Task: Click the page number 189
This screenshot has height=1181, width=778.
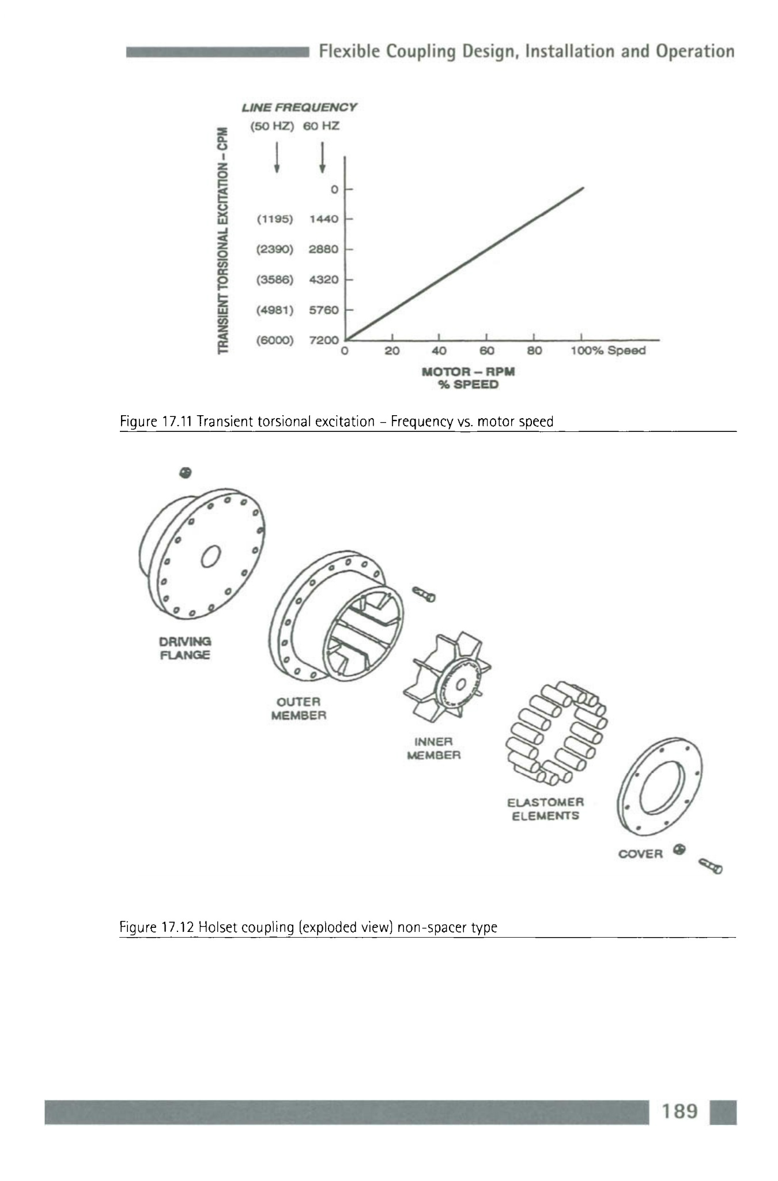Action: (x=680, y=1111)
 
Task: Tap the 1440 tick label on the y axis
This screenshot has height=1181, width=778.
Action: (x=323, y=219)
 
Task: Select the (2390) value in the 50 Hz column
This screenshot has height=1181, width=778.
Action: (x=275, y=249)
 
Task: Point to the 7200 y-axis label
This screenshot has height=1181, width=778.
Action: (x=323, y=340)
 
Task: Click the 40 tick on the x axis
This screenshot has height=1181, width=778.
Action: (x=439, y=351)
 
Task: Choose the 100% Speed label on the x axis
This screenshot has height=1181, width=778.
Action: (x=607, y=351)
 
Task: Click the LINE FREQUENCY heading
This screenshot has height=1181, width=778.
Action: (x=299, y=107)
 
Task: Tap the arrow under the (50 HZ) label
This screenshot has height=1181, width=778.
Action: (x=277, y=156)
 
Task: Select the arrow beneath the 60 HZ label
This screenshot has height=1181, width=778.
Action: (x=323, y=157)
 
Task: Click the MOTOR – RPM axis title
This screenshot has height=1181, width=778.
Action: (x=468, y=371)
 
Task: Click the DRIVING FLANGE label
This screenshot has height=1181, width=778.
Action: (x=185, y=648)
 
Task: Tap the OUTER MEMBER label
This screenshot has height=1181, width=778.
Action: (x=299, y=709)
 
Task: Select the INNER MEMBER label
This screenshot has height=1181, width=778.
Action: (x=434, y=748)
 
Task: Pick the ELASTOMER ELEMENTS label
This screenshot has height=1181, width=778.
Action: (x=545, y=809)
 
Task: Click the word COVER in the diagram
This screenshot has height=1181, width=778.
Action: (x=640, y=854)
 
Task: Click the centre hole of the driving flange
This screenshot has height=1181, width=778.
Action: (x=210, y=556)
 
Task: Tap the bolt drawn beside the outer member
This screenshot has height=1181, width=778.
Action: (x=424, y=594)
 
